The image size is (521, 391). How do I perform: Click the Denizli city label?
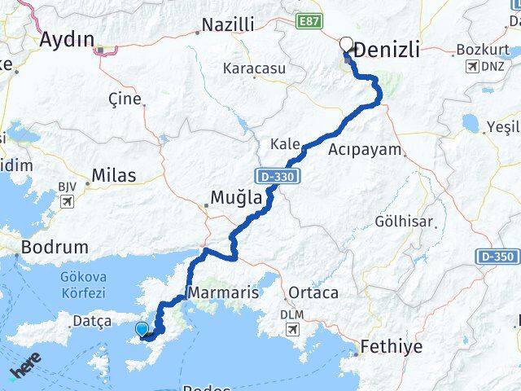click(387, 50)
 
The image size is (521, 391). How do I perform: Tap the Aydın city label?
click(67, 39)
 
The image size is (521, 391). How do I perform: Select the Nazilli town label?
click(227, 24)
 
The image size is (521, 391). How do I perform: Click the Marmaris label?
click(223, 292)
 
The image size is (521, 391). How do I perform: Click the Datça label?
click(92, 321)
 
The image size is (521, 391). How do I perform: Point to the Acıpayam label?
click(366, 150)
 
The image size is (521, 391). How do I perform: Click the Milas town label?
click(114, 175)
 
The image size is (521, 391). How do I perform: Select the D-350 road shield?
click(496, 257)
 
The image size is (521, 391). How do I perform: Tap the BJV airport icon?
click(67, 200)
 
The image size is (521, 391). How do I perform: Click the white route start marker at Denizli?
click(347, 46)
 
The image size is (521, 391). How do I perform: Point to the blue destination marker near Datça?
click(142, 329)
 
